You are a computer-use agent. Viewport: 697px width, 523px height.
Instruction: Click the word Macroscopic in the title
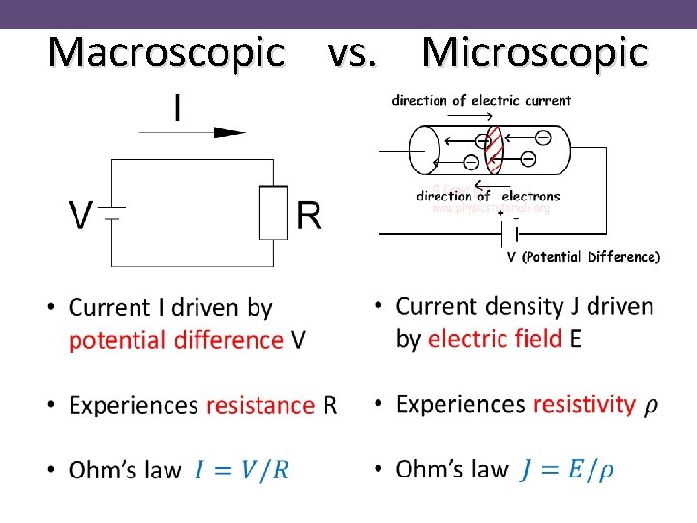pos(166,53)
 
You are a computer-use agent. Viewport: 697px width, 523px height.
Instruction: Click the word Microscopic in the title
pos(534,53)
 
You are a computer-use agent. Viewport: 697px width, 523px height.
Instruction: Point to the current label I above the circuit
pos(177,108)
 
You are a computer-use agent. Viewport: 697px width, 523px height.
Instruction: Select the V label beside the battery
pos(80,215)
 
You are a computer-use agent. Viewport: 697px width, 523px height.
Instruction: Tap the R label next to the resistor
pos(309,215)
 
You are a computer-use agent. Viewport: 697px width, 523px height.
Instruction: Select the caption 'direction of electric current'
pos(481,100)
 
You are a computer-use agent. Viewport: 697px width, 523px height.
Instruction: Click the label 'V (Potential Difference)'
pos(584,257)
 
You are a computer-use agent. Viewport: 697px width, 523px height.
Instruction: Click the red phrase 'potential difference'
pos(176,340)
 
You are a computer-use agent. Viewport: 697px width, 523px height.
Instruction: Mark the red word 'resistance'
pos(260,405)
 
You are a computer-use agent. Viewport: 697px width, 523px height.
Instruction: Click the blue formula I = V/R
pos(241,471)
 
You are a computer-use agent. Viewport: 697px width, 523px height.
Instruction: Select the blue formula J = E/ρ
pos(566,470)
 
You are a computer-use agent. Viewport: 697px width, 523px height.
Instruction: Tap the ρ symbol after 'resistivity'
pos(652,406)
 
